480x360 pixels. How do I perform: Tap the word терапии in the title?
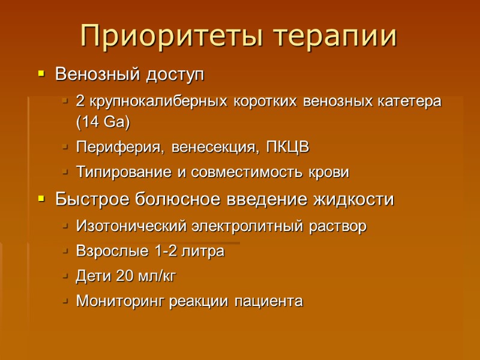point(336,37)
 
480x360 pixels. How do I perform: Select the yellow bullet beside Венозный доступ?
point(41,75)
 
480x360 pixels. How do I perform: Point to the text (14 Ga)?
point(103,122)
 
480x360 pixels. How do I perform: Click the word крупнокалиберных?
point(149,101)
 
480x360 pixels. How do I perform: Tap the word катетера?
point(408,101)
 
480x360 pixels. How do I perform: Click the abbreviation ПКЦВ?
point(290,147)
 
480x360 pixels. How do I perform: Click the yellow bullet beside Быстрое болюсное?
point(41,199)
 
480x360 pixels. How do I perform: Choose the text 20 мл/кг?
point(143,277)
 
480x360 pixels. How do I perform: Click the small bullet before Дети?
point(65,277)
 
